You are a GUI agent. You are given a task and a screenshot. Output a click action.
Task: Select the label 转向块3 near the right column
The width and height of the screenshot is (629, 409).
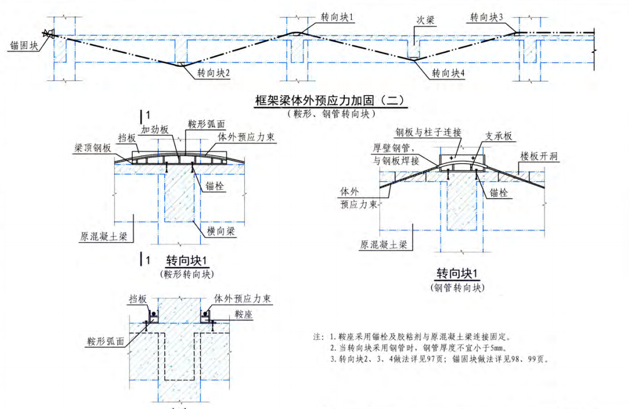click(486, 18)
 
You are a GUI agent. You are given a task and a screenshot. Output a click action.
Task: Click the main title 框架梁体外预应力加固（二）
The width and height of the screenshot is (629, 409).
click(330, 101)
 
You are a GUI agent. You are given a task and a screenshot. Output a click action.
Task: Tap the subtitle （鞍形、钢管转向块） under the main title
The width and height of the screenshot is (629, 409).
click(330, 113)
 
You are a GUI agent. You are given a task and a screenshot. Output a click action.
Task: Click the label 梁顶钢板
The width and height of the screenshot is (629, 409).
click(93, 147)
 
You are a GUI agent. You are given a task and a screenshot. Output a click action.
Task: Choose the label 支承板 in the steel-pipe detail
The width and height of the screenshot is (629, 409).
click(498, 137)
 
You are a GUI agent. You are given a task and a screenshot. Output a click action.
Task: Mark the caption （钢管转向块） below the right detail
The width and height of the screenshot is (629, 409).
click(458, 288)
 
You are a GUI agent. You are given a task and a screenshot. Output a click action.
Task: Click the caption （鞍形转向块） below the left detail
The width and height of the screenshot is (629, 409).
click(186, 274)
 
